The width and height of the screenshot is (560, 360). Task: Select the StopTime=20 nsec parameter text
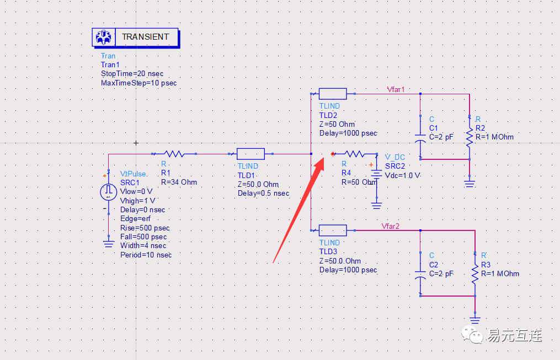132,74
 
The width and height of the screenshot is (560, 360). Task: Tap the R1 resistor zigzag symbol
178,154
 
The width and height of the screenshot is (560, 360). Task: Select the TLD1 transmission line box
250,154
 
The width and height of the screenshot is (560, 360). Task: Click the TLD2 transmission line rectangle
333,94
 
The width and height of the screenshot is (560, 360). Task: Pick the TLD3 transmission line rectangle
333,230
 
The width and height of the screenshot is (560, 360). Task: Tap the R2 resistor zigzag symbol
470,138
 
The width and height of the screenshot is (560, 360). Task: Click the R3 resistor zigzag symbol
474,274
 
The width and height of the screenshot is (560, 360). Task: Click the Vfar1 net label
396,89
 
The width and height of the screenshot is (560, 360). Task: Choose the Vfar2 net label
390,225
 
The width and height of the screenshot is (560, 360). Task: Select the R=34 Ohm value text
179,182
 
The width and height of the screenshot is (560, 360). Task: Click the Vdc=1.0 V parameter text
403,175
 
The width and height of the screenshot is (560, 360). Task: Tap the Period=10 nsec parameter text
146,255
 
